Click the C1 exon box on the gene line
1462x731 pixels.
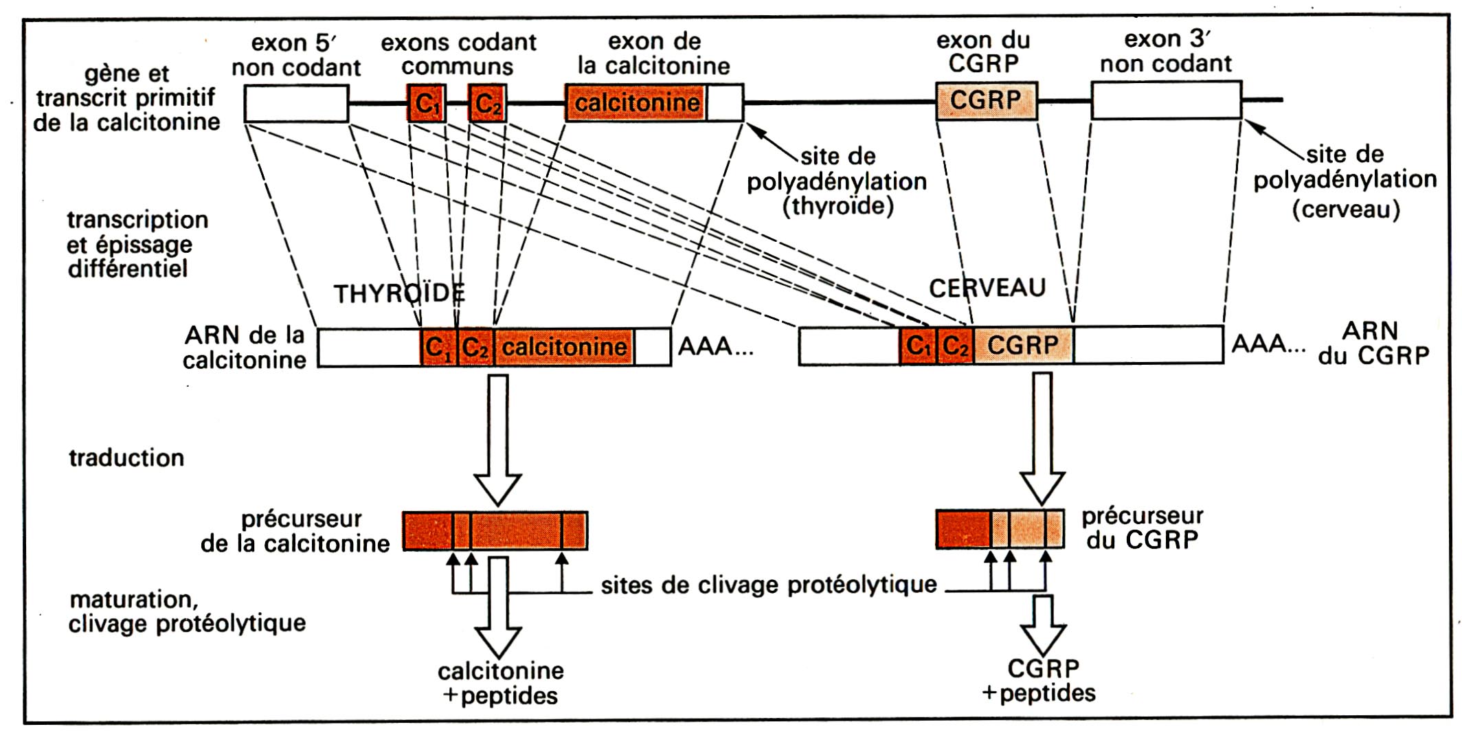[427, 103]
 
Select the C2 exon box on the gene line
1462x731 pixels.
[488, 103]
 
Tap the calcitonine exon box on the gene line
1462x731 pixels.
[654, 103]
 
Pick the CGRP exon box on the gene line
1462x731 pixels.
[987, 100]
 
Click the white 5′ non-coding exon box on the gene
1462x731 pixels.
[297, 103]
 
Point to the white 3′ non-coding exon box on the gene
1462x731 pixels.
[1167, 100]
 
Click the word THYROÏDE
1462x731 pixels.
[399, 293]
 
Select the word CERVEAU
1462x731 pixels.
[987, 288]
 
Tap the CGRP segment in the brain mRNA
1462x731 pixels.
[1024, 345]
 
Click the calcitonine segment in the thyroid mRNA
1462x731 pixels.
[564, 347]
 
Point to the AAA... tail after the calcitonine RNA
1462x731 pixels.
[716, 347]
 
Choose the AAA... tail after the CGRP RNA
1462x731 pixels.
[1268, 344]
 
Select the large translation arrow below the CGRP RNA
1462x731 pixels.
[1042, 438]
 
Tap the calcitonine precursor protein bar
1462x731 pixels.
[495, 531]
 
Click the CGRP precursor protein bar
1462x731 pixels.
[1000, 529]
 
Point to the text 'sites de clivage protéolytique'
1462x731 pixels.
[769, 585]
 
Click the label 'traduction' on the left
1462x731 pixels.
[126, 458]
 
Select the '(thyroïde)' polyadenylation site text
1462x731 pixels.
[838, 206]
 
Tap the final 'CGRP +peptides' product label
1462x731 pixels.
[1040, 680]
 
